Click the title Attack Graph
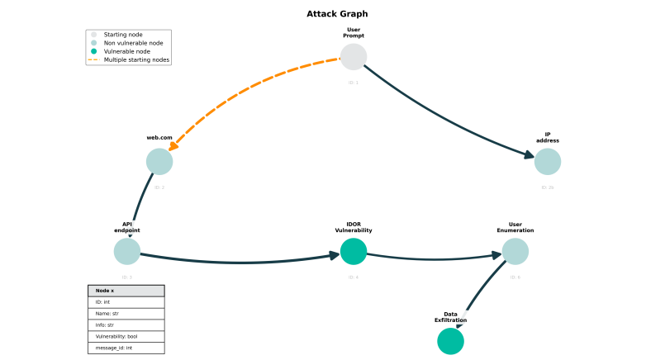(x=337, y=14)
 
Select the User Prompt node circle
(x=354, y=57)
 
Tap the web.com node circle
(x=159, y=162)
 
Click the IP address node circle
(x=548, y=162)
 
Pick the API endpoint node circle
(x=127, y=251)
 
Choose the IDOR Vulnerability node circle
(x=354, y=251)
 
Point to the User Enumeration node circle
(x=515, y=251)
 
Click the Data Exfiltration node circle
(x=450, y=341)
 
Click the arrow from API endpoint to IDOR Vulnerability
(x=240, y=263)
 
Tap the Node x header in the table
(x=126, y=291)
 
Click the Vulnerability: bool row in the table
(x=126, y=336)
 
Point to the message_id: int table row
(x=126, y=348)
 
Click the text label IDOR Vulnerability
(x=354, y=227)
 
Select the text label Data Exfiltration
(x=450, y=317)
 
